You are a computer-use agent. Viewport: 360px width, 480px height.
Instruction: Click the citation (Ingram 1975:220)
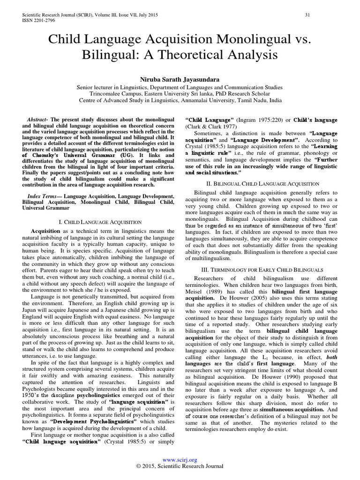(251, 120)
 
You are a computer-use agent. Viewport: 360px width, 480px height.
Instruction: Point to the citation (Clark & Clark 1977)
(211, 127)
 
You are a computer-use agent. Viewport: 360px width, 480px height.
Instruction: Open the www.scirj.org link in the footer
(180, 460)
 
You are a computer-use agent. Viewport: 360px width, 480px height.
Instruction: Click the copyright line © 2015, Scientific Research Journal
(180, 466)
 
